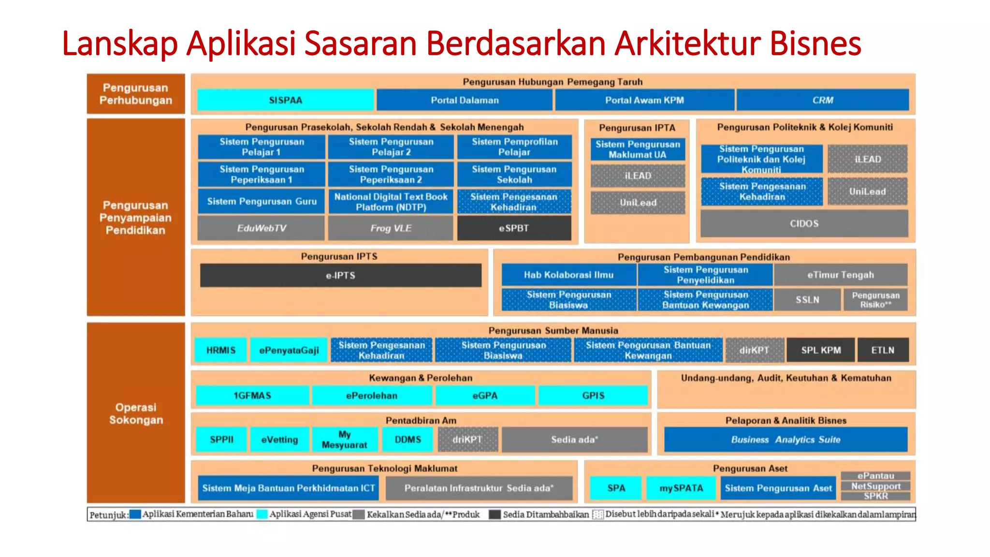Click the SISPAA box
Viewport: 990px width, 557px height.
point(285,100)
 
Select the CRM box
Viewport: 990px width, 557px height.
point(822,100)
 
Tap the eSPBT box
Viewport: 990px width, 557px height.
point(514,228)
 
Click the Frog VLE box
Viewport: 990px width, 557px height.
point(391,228)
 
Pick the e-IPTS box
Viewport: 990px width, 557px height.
point(340,275)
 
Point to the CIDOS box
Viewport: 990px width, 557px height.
point(804,223)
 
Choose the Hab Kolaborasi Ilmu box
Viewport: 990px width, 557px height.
point(568,275)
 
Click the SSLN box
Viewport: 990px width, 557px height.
point(807,300)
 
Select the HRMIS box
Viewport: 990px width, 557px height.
point(221,350)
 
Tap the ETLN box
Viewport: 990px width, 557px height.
point(883,350)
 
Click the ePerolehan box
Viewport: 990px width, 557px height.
point(371,396)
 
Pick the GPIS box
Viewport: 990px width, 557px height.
point(593,396)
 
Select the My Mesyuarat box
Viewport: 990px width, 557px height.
point(344,440)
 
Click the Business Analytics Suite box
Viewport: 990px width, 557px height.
point(786,440)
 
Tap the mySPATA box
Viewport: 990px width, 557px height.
point(681,488)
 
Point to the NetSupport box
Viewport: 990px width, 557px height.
point(875,486)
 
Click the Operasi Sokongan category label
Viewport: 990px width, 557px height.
point(136,413)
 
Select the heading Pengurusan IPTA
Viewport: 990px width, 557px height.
point(637,128)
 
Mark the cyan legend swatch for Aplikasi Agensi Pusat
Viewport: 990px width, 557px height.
point(262,514)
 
